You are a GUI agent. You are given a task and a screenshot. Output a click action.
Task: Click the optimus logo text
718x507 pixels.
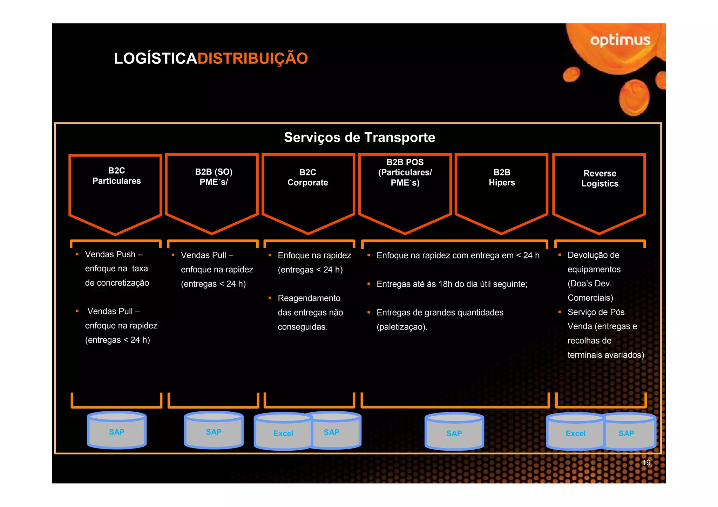click(x=620, y=41)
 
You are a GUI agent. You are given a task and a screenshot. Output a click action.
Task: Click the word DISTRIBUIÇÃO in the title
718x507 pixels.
click(x=252, y=58)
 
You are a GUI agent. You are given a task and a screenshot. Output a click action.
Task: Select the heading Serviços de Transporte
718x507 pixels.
click(x=359, y=137)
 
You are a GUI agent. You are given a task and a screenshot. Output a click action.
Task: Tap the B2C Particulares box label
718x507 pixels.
click(x=116, y=176)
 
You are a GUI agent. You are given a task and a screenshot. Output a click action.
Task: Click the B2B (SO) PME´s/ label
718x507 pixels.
click(x=214, y=177)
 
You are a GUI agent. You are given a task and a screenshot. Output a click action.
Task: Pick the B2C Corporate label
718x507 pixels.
click(x=307, y=178)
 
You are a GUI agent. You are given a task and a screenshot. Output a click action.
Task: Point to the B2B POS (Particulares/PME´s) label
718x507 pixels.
click(x=405, y=172)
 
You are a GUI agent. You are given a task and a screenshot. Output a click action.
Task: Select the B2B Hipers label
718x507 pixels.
click(x=502, y=178)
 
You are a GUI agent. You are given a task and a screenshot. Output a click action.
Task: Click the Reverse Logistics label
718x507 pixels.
click(x=600, y=179)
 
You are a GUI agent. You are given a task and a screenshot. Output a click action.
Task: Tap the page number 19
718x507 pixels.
click(x=646, y=463)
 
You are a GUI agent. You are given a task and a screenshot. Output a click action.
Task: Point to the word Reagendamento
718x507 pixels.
click(x=309, y=298)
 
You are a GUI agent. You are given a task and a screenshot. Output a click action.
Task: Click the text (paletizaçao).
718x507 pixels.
click(x=402, y=327)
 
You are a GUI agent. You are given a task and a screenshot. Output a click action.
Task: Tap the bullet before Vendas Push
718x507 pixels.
click(x=77, y=254)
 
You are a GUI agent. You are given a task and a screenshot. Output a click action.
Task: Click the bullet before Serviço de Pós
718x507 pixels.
click(x=560, y=312)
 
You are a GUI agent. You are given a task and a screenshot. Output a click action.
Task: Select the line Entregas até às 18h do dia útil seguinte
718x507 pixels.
click(x=452, y=284)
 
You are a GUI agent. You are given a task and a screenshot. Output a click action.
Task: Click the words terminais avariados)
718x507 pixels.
click(x=605, y=355)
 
